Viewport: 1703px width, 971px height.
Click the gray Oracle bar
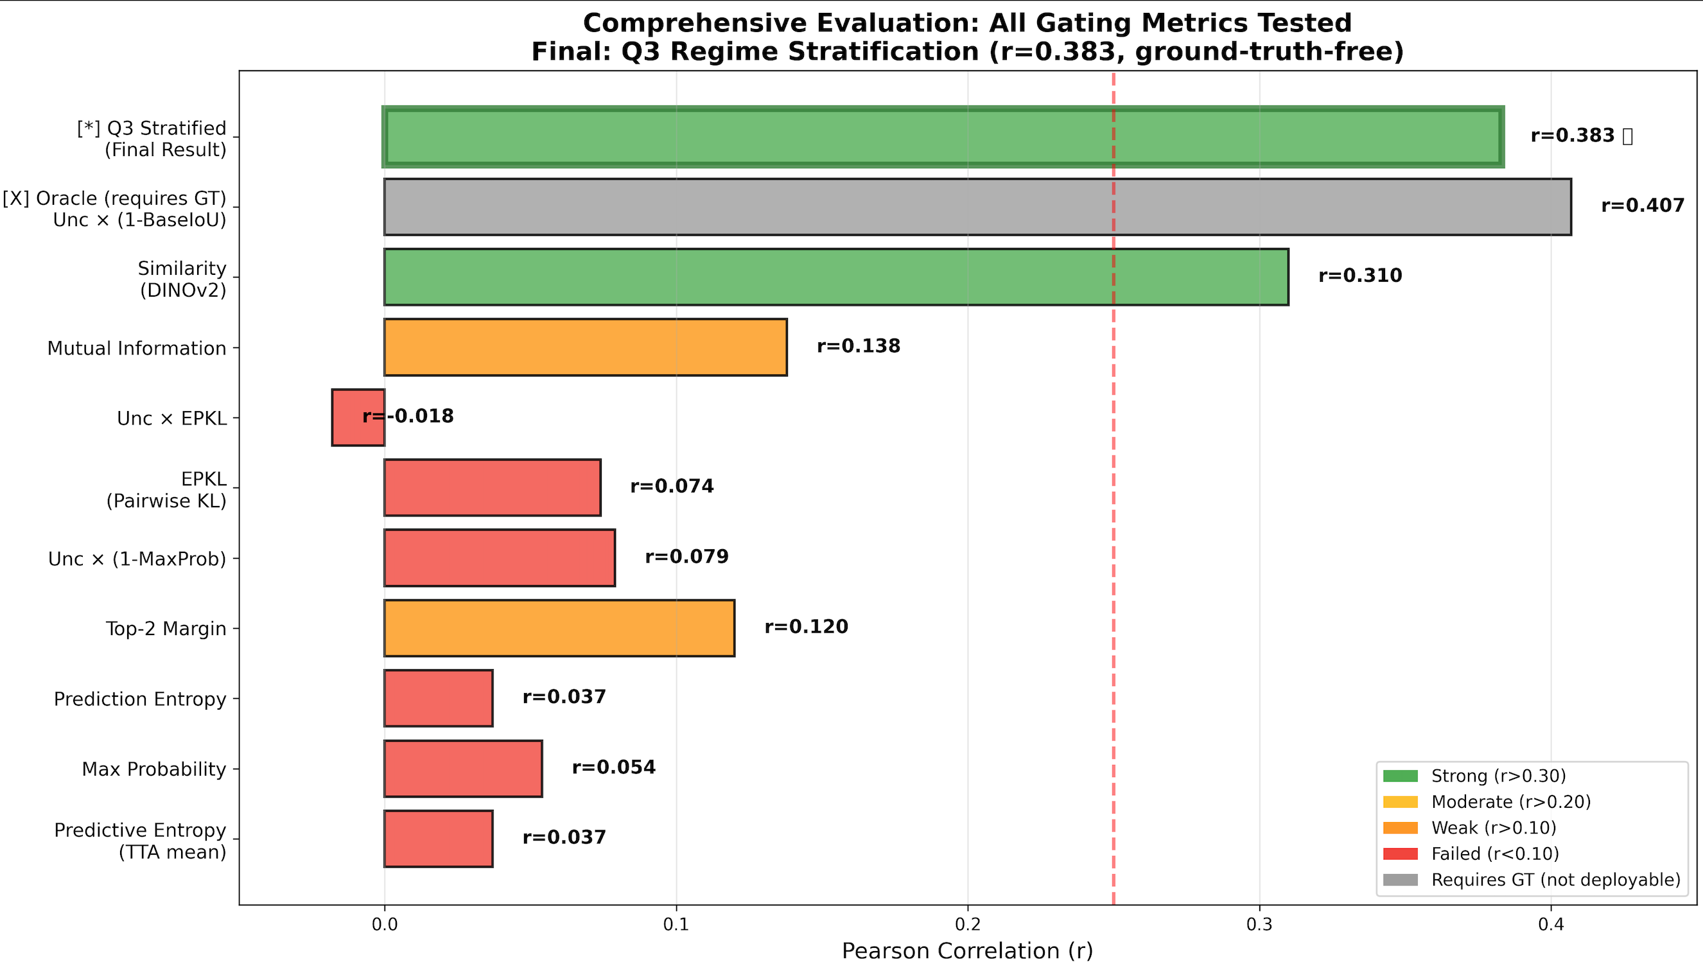(977, 207)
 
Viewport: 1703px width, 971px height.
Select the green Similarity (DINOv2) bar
(835, 277)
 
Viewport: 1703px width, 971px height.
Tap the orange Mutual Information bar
(585, 347)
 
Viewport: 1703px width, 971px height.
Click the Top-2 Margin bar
(559, 627)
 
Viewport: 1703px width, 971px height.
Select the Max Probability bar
(463, 768)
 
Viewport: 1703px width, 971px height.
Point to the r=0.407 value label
(1643, 206)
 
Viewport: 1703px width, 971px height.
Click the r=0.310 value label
(1359, 276)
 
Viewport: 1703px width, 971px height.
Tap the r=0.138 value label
(858, 346)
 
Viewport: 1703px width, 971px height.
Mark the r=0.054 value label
(613, 767)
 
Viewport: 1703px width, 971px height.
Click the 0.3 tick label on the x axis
(1259, 925)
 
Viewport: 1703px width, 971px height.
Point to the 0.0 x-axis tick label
(384, 925)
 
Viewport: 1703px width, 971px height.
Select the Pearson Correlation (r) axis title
(967, 951)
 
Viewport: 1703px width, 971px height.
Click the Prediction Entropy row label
(140, 699)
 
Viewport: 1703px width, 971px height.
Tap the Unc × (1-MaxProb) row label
(137, 559)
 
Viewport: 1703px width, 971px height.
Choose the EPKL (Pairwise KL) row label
(167, 489)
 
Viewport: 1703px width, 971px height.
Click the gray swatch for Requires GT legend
(1400, 880)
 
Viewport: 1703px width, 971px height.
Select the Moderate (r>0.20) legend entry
(1510, 801)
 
